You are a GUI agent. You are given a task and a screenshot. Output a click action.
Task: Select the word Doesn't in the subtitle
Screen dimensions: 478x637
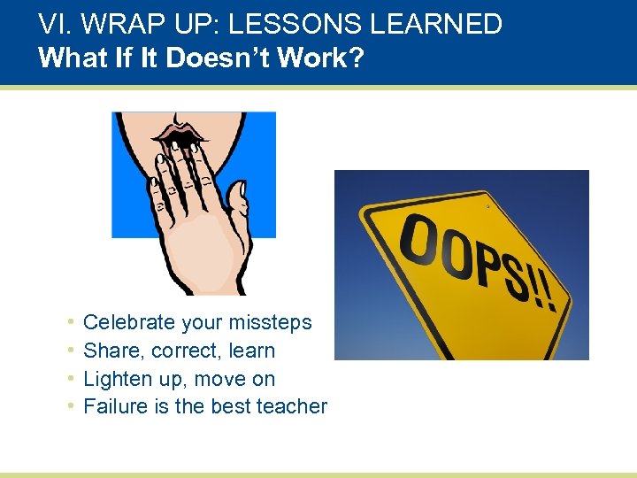pos(199,58)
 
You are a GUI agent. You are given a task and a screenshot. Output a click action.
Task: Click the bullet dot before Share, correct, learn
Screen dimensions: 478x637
pos(70,350)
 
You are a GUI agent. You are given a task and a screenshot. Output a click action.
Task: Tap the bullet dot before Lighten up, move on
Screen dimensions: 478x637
pos(70,378)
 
